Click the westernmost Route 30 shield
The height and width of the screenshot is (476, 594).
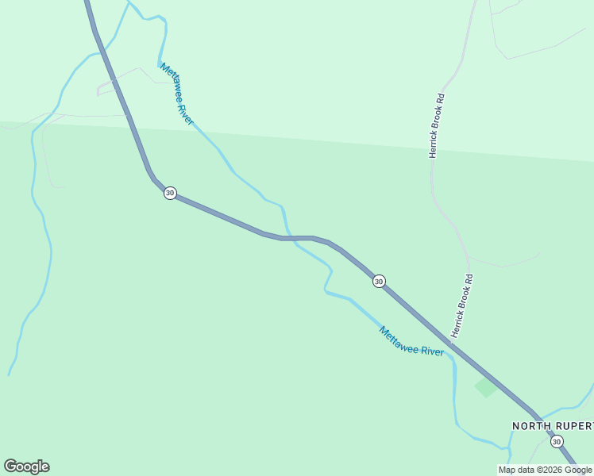(x=170, y=193)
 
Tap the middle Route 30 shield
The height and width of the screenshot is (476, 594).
(x=379, y=281)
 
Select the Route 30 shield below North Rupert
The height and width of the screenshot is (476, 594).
(x=557, y=442)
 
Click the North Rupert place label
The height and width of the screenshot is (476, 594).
(x=552, y=426)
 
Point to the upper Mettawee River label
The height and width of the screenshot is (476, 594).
(x=177, y=94)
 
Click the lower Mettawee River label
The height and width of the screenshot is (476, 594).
(x=411, y=341)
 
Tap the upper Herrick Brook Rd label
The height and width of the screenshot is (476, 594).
(x=437, y=125)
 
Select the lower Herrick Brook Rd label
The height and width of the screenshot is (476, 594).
(x=463, y=304)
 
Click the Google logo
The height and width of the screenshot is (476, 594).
(x=26, y=466)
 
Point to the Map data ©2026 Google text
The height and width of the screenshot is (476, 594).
(x=545, y=470)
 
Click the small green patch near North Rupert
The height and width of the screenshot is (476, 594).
(x=485, y=387)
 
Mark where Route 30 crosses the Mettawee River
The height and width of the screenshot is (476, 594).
(x=287, y=237)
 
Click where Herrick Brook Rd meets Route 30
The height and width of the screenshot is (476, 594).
(x=450, y=343)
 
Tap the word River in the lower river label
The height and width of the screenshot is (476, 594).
(x=431, y=351)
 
